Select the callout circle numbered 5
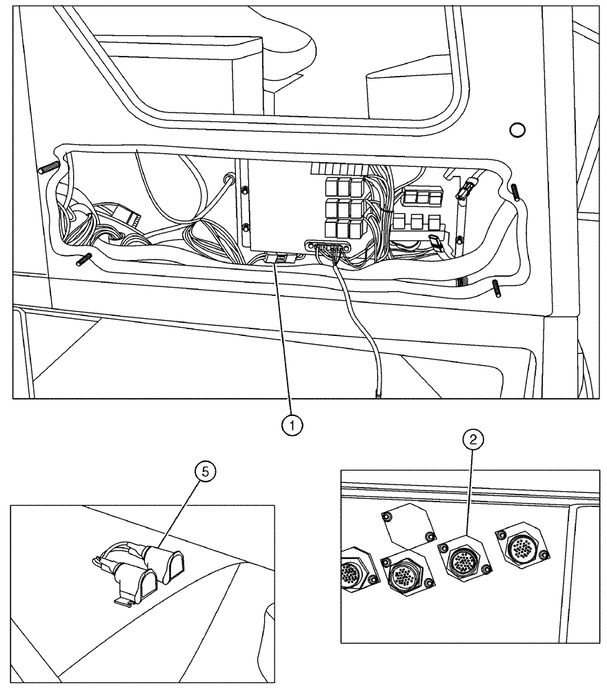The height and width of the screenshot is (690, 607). (x=205, y=472)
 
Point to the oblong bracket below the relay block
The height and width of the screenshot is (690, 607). (x=330, y=246)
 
